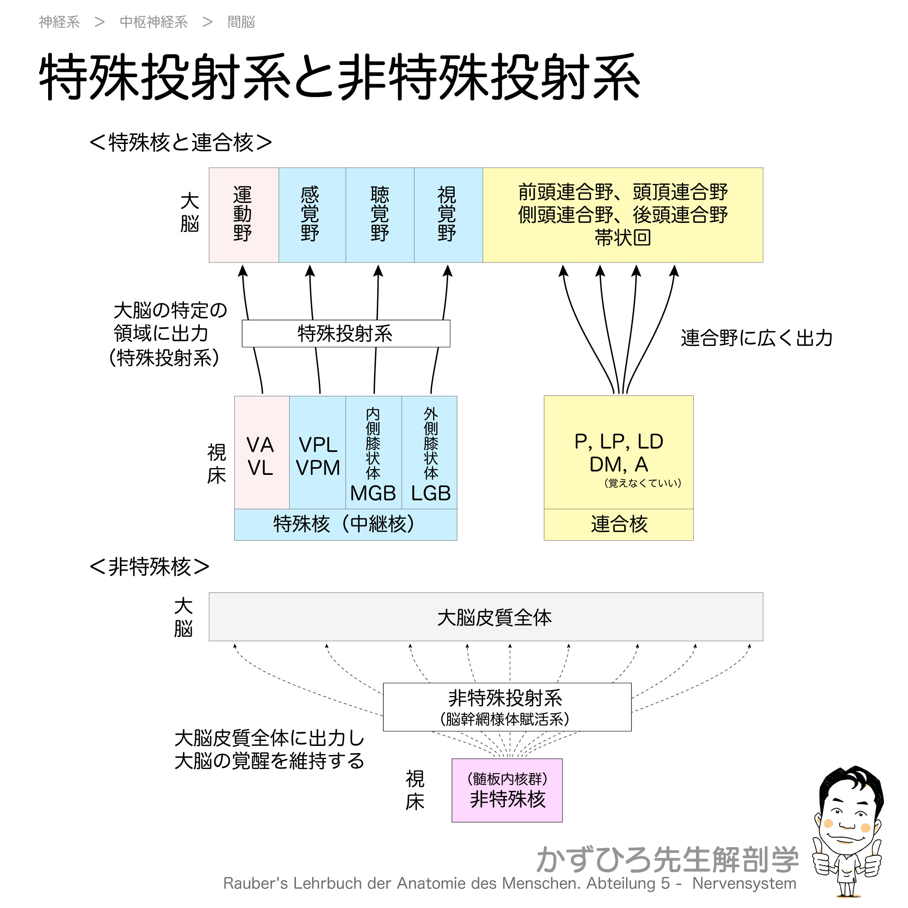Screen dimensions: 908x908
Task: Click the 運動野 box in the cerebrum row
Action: click(243, 215)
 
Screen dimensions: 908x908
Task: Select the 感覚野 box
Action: click(311, 215)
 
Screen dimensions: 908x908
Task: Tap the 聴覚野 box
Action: click(380, 215)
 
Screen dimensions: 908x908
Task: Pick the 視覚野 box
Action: click(448, 215)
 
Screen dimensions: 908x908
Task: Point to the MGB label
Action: click(373, 493)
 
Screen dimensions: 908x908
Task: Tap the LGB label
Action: click(430, 493)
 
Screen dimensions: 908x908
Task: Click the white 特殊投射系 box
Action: click(345, 334)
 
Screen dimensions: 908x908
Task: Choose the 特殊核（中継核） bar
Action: click(345, 524)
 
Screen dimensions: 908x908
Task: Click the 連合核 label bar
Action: click(618, 524)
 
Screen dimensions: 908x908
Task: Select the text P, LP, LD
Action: click(618, 442)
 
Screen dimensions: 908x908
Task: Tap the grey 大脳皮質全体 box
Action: click(485, 617)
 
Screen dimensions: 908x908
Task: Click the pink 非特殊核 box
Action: click(507, 790)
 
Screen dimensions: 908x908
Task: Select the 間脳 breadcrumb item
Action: click(241, 22)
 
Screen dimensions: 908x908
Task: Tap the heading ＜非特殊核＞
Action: click(149, 567)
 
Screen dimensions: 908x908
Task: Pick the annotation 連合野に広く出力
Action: click(756, 338)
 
